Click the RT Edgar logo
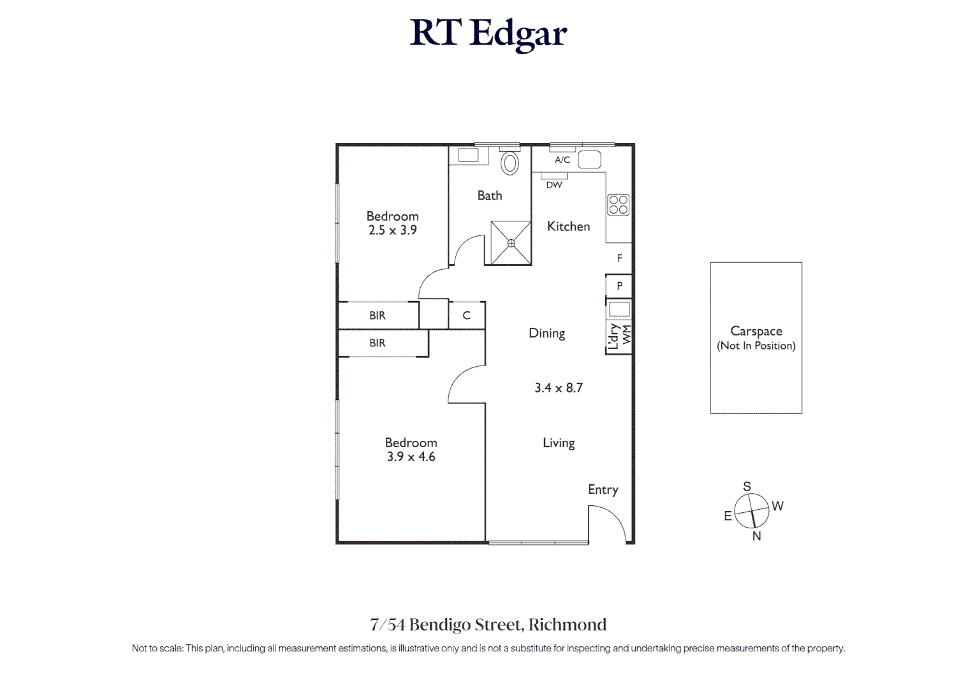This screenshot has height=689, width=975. click(488, 34)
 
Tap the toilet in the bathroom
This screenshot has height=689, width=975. click(509, 163)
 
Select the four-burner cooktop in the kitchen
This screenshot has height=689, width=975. click(618, 205)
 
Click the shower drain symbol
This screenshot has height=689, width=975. click(511, 243)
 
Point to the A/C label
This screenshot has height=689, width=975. click(562, 160)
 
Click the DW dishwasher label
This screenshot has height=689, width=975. click(554, 184)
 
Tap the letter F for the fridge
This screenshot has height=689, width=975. click(619, 258)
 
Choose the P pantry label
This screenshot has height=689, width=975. click(619, 286)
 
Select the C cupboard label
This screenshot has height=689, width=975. click(467, 315)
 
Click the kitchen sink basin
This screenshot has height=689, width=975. click(589, 160)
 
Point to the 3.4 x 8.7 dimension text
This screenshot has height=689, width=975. click(559, 388)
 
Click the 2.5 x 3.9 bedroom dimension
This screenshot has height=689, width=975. click(393, 230)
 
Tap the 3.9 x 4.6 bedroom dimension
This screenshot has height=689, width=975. click(411, 456)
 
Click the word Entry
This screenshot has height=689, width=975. click(603, 490)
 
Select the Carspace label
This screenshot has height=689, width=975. click(756, 331)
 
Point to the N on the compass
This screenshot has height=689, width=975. click(756, 536)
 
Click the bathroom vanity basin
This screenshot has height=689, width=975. click(468, 155)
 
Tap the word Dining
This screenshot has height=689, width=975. click(546, 334)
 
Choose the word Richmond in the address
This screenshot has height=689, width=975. click(567, 625)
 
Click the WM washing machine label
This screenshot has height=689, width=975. click(627, 334)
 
